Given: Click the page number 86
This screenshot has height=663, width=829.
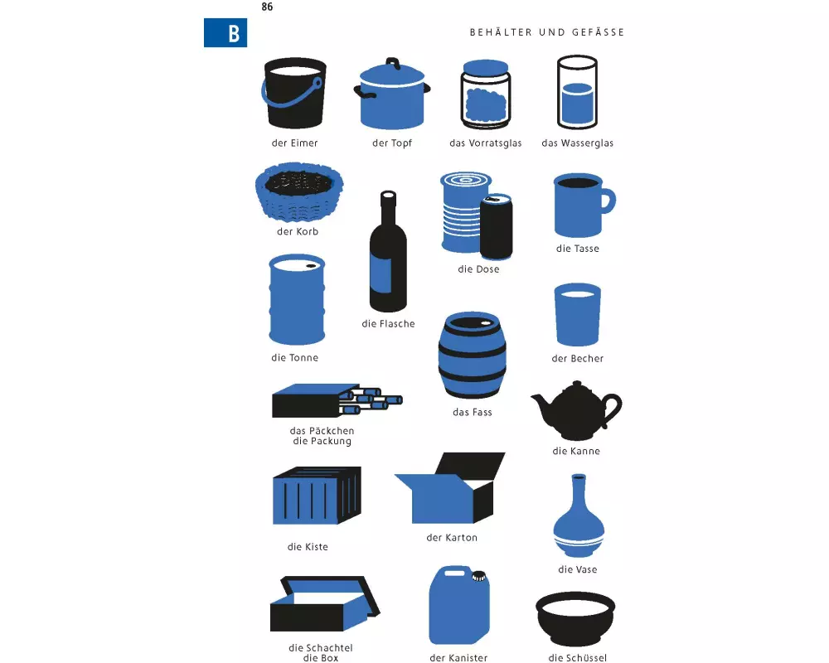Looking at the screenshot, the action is pyautogui.click(x=267, y=7).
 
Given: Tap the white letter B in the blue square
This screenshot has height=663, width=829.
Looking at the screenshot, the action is pyautogui.click(x=234, y=33).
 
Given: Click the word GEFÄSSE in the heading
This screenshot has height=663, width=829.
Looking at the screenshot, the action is pyautogui.click(x=598, y=32).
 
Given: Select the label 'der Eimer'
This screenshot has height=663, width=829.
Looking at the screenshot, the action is pyautogui.click(x=294, y=143).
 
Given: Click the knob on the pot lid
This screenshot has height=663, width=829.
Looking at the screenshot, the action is pyautogui.click(x=392, y=64).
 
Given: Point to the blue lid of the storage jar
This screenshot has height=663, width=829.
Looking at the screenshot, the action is pyautogui.click(x=485, y=66).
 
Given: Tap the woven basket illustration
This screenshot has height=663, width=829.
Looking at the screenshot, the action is pyautogui.click(x=298, y=192).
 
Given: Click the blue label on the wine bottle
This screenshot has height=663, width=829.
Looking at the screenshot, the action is pyautogui.click(x=383, y=275).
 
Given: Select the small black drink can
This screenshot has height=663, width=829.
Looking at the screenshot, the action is pyautogui.click(x=496, y=227).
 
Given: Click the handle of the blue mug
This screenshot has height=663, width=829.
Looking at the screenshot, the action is pyautogui.click(x=609, y=201).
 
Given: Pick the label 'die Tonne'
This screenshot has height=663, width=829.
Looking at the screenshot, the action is pyautogui.click(x=294, y=357).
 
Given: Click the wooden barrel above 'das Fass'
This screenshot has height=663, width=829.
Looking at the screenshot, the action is pyautogui.click(x=473, y=355).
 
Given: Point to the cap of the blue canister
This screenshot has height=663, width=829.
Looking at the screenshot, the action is pyautogui.click(x=479, y=576).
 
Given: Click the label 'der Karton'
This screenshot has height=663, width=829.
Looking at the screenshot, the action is pyautogui.click(x=452, y=537).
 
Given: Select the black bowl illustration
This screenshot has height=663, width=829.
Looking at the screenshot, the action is pyautogui.click(x=575, y=618).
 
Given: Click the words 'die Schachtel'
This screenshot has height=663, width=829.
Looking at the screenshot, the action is pyautogui.click(x=320, y=647).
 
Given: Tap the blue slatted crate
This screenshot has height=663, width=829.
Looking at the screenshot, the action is pyautogui.click(x=317, y=496).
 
